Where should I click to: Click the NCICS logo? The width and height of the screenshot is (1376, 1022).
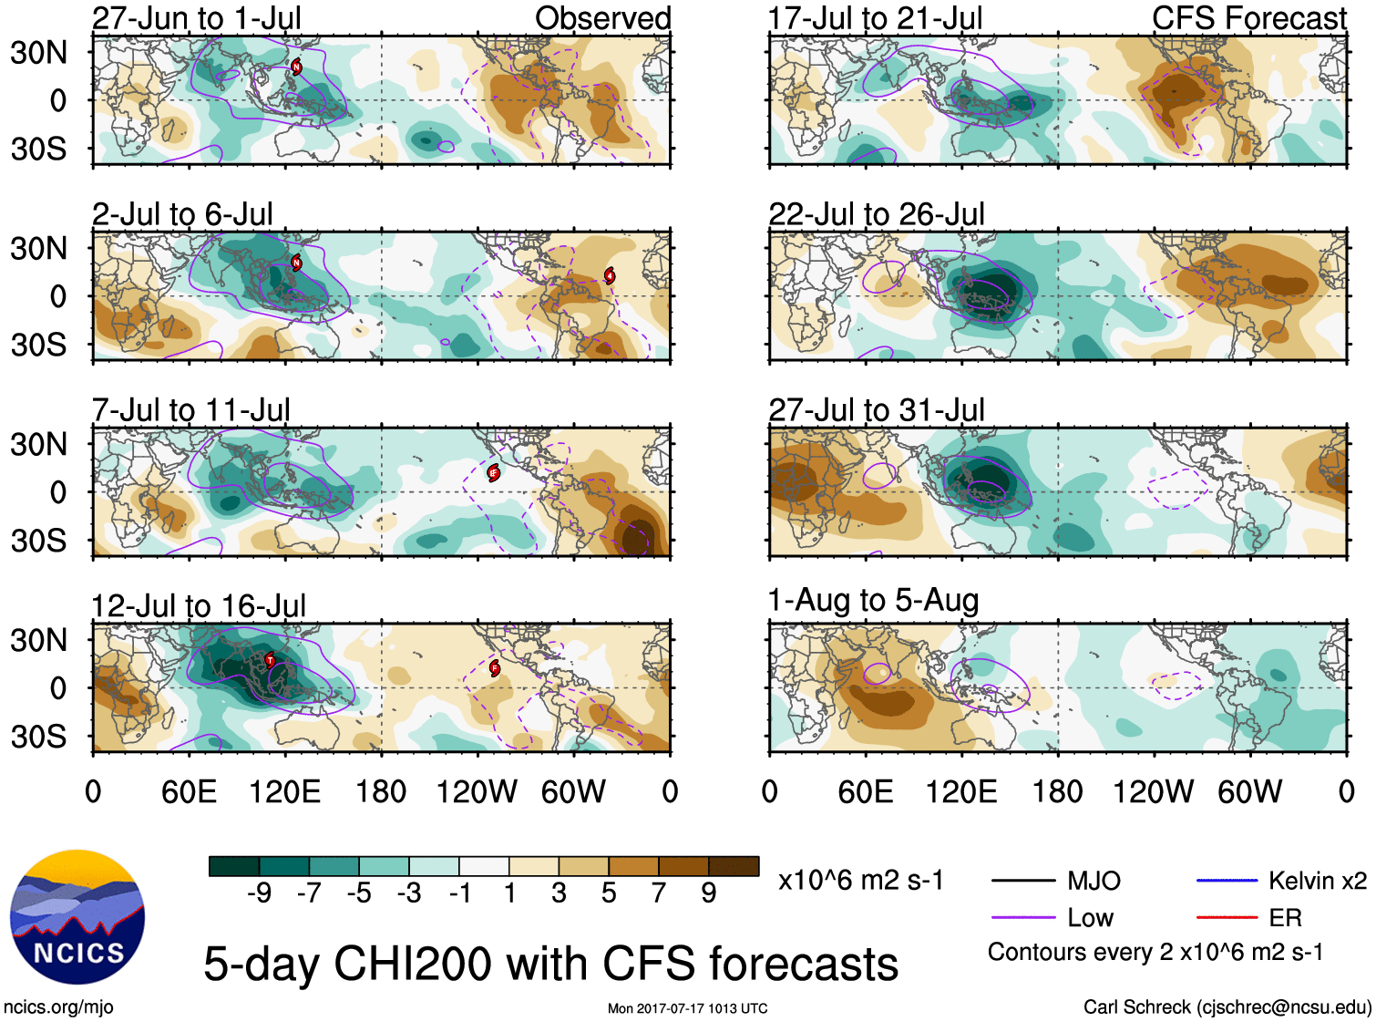[77, 917]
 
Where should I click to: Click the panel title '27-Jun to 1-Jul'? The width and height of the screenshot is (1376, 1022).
[196, 18]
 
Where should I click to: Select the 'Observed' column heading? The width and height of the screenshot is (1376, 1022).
[602, 18]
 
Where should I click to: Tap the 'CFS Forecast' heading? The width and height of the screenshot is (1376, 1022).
[1248, 18]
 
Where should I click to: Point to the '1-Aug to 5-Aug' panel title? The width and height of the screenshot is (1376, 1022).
[873, 601]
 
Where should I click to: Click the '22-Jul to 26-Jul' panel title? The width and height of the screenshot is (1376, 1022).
[877, 214]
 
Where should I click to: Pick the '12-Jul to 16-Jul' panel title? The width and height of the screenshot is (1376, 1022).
[199, 606]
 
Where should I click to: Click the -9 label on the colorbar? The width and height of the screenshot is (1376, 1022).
[259, 893]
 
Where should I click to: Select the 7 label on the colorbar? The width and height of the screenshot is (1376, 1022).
[659, 893]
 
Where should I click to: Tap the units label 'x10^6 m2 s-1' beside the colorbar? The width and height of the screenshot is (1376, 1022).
[860, 881]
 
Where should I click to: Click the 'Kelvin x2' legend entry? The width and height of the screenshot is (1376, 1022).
[1317, 881]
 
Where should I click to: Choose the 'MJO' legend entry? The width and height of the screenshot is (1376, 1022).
[1094, 881]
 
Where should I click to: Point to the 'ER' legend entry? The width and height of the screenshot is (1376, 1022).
[1285, 917]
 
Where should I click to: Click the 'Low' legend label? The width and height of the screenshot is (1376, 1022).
[1090, 917]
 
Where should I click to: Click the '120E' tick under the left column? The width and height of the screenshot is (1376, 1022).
[284, 791]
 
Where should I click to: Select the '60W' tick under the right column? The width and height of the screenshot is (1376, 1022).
[1249, 791]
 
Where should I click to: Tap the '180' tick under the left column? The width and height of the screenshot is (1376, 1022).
[381, 791]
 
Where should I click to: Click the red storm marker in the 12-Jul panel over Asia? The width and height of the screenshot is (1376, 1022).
[270, 660]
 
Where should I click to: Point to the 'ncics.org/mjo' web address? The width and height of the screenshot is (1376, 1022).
[58, 1007]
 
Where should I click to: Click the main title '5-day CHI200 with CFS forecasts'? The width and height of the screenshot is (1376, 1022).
[550, 965]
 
